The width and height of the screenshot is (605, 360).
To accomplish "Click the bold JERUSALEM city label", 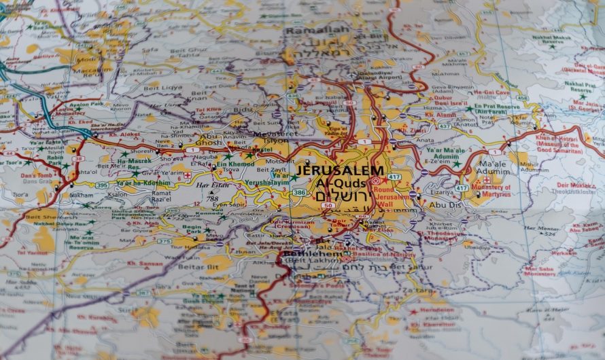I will point(339,170).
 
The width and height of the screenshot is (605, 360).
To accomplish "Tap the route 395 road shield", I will point(101,185).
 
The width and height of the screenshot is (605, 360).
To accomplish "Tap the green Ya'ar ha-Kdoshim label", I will point(143,183).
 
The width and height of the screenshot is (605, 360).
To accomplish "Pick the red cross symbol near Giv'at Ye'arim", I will point(188,175).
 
